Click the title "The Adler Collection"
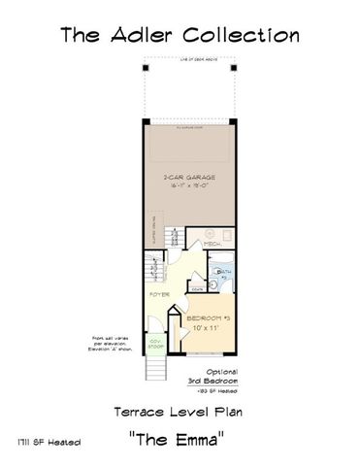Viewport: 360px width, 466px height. coord(180,36)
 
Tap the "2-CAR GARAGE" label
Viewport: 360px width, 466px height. coord(189,178)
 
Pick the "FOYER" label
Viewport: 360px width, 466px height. coord(159,292)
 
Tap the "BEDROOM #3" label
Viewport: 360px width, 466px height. coord(208,319)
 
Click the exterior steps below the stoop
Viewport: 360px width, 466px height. coord(153,369)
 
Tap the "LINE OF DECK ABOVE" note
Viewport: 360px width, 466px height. coord(189,61)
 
